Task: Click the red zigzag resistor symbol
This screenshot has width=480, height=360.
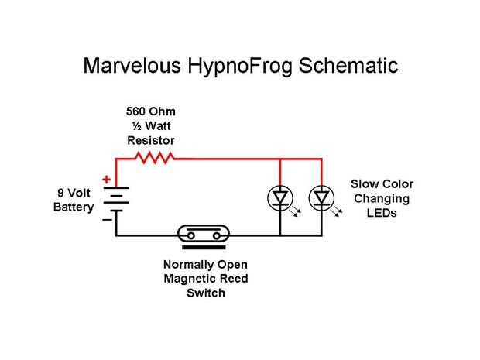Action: pyautogui.click(x=155, y=158)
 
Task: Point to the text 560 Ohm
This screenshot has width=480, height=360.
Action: pyautogui.click(x=151, y=111)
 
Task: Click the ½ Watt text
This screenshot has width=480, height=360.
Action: pyautogui.click(x=151, y=126)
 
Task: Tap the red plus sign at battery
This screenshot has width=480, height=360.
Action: pyautogui.click(x=105, y=180)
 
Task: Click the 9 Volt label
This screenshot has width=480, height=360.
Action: pyautogui.click(x=74, y=192)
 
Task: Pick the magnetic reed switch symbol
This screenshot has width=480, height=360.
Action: pyautogui.click(x=204, y=234)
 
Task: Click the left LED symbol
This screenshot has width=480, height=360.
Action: pyautogui.click(x=280, y=199)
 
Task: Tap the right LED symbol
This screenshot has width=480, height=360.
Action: pyautogui.click(x=321, y=199)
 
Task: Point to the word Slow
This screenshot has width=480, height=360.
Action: pyautogui.click(x=364, y=184)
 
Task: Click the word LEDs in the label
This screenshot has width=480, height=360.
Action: pyautogui.click(x=382, y=213)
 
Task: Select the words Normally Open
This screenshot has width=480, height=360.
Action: pyautogui.click(x=206, y=265)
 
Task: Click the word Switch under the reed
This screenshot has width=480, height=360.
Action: pyautogui.click(x=206, y=293)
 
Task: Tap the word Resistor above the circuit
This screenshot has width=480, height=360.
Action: pyautogui.click(x=151, y=140)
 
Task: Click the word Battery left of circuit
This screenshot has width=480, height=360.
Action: pyautogui.click(x=74, y=207)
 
